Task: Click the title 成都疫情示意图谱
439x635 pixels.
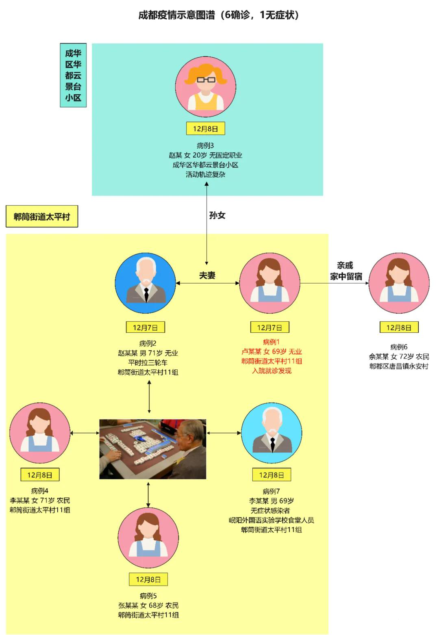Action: pos(219,15)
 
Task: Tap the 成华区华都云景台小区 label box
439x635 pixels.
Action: pos(73,75)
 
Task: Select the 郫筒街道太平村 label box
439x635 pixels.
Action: pos(42,217)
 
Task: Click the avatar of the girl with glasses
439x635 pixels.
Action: pos(206,87)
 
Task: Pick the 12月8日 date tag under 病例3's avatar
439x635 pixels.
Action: pos(205,129)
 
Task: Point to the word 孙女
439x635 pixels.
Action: pos(217,215)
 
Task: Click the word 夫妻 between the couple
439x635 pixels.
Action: pos(207,275)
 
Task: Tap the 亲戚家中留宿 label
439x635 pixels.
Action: pos(346,271)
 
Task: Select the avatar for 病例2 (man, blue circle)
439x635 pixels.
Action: pos(146,283)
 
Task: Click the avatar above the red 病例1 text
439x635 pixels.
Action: pos(269,283)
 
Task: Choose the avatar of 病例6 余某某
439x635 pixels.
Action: pos(399,283)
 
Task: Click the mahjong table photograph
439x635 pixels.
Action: pos(153,449)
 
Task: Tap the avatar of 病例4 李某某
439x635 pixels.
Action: pos(40,433)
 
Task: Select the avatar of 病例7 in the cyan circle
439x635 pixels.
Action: pos(272,433)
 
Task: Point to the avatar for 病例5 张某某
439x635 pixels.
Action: pos(148,537)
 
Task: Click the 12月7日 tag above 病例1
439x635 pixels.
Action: pos(269,327)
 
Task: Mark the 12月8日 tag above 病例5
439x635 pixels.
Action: pos(148,580)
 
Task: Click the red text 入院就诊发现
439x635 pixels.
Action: pos(272,371)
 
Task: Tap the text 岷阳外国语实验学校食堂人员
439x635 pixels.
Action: pos(271,520)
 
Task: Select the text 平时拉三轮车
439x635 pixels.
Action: pos(148,362)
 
